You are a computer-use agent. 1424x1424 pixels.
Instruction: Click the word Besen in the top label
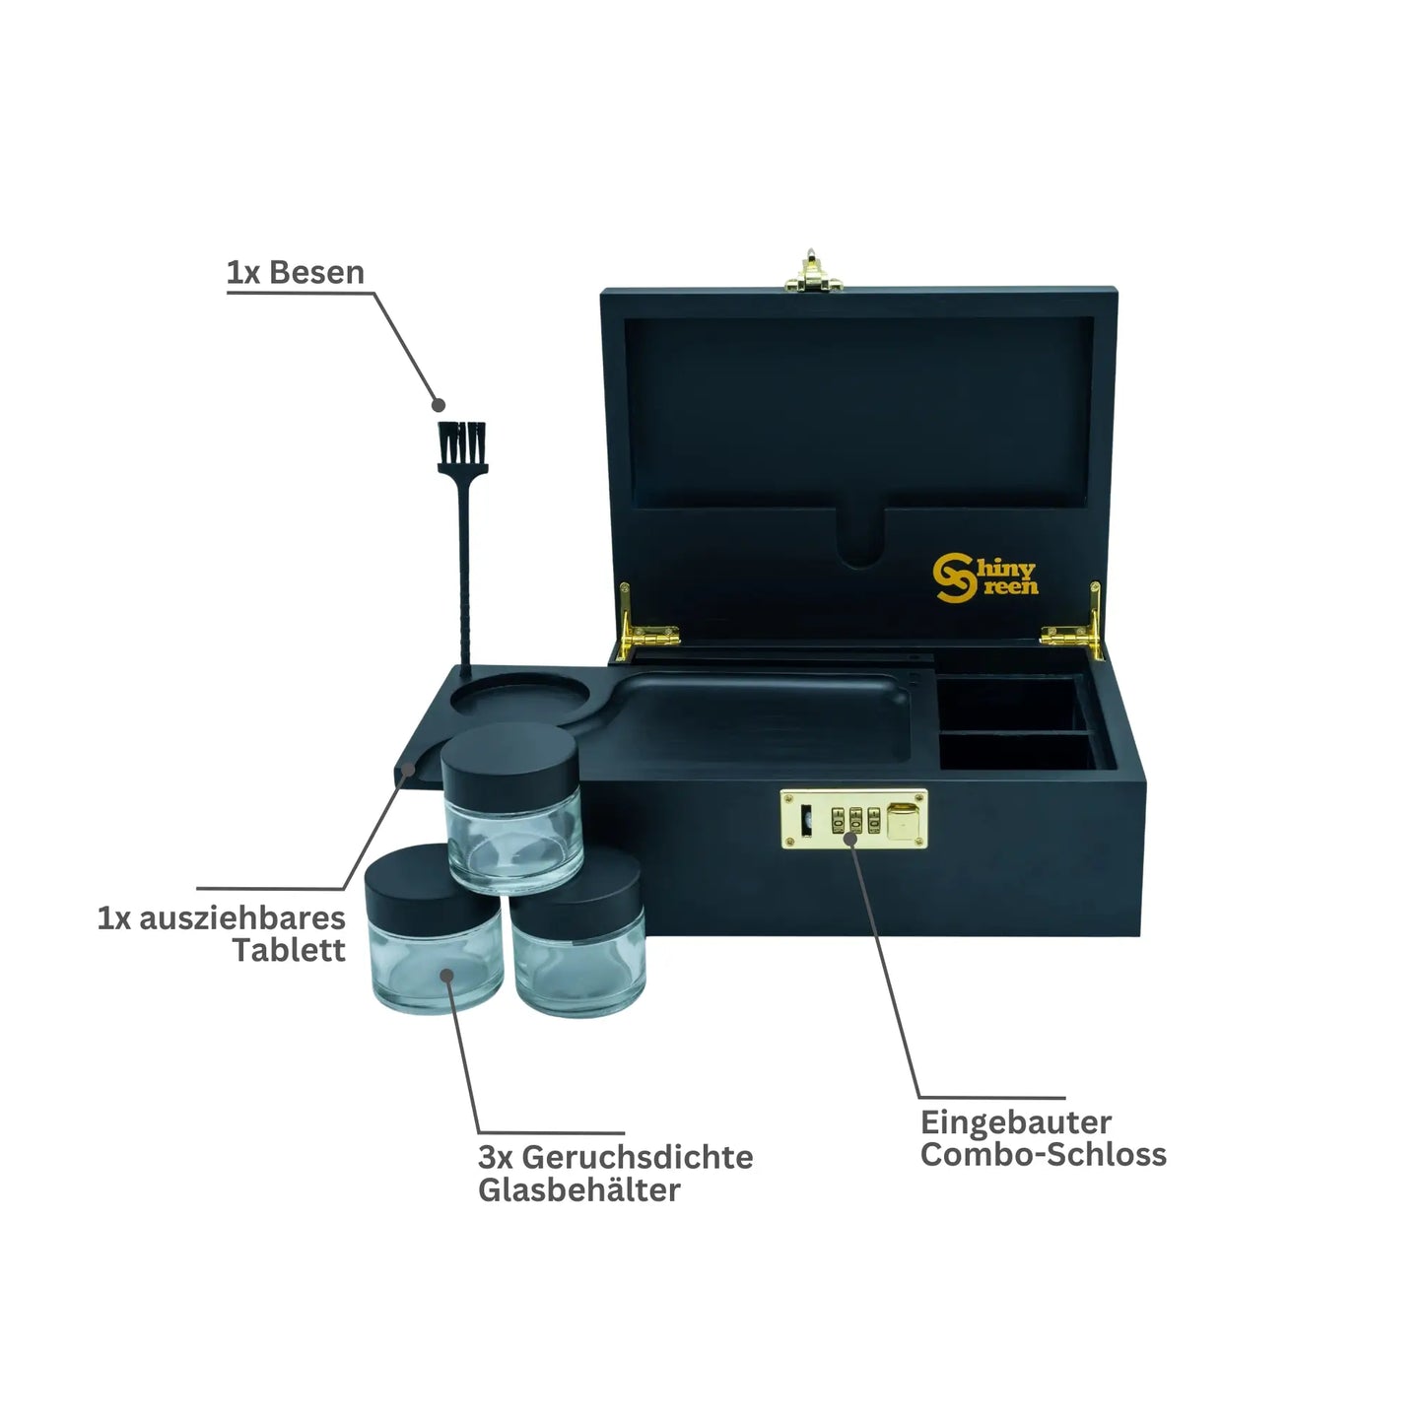[x=316, y=272]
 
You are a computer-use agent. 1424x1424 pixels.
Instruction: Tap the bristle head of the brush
[x=462, y=447]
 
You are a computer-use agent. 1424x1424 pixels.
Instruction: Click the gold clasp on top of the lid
[x=813, y=271]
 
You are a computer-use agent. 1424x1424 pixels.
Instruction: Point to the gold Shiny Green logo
[x=985, y=577]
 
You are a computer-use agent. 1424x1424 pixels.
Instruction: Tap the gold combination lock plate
[x=853, y=819]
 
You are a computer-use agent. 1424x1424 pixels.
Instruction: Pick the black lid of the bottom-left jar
[x=433, y=891]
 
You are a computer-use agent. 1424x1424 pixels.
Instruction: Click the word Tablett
[x=289, y=950]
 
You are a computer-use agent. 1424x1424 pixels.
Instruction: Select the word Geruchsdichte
[x=638, y=1157]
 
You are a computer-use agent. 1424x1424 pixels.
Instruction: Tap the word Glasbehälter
[x=578, y=1189]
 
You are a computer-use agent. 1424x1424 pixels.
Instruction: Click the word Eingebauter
[x=1015, y=1123]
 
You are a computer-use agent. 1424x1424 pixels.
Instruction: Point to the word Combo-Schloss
[x=1043, y=1154]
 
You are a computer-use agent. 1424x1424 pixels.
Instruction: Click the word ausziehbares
[x=242, y=917]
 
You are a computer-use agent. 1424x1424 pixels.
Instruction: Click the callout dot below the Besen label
[x=439, y=405]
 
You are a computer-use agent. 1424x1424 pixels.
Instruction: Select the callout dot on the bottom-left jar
[x=446, y=976]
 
